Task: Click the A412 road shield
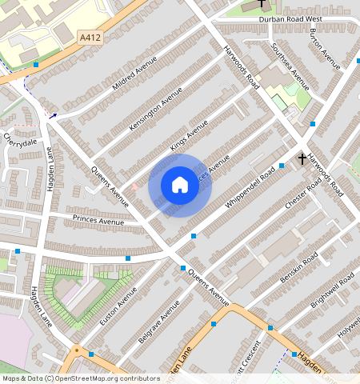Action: click(x=90, y=37)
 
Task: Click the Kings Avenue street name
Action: click(x=189, y=134)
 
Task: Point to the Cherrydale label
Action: click(x=20, y=141)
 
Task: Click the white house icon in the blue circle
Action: click(x=180, y=186)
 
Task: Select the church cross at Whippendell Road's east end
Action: click(x=302, y=158)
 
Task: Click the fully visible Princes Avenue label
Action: click(x=98, y=220)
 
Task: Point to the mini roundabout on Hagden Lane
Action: click(x=78, y=350)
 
